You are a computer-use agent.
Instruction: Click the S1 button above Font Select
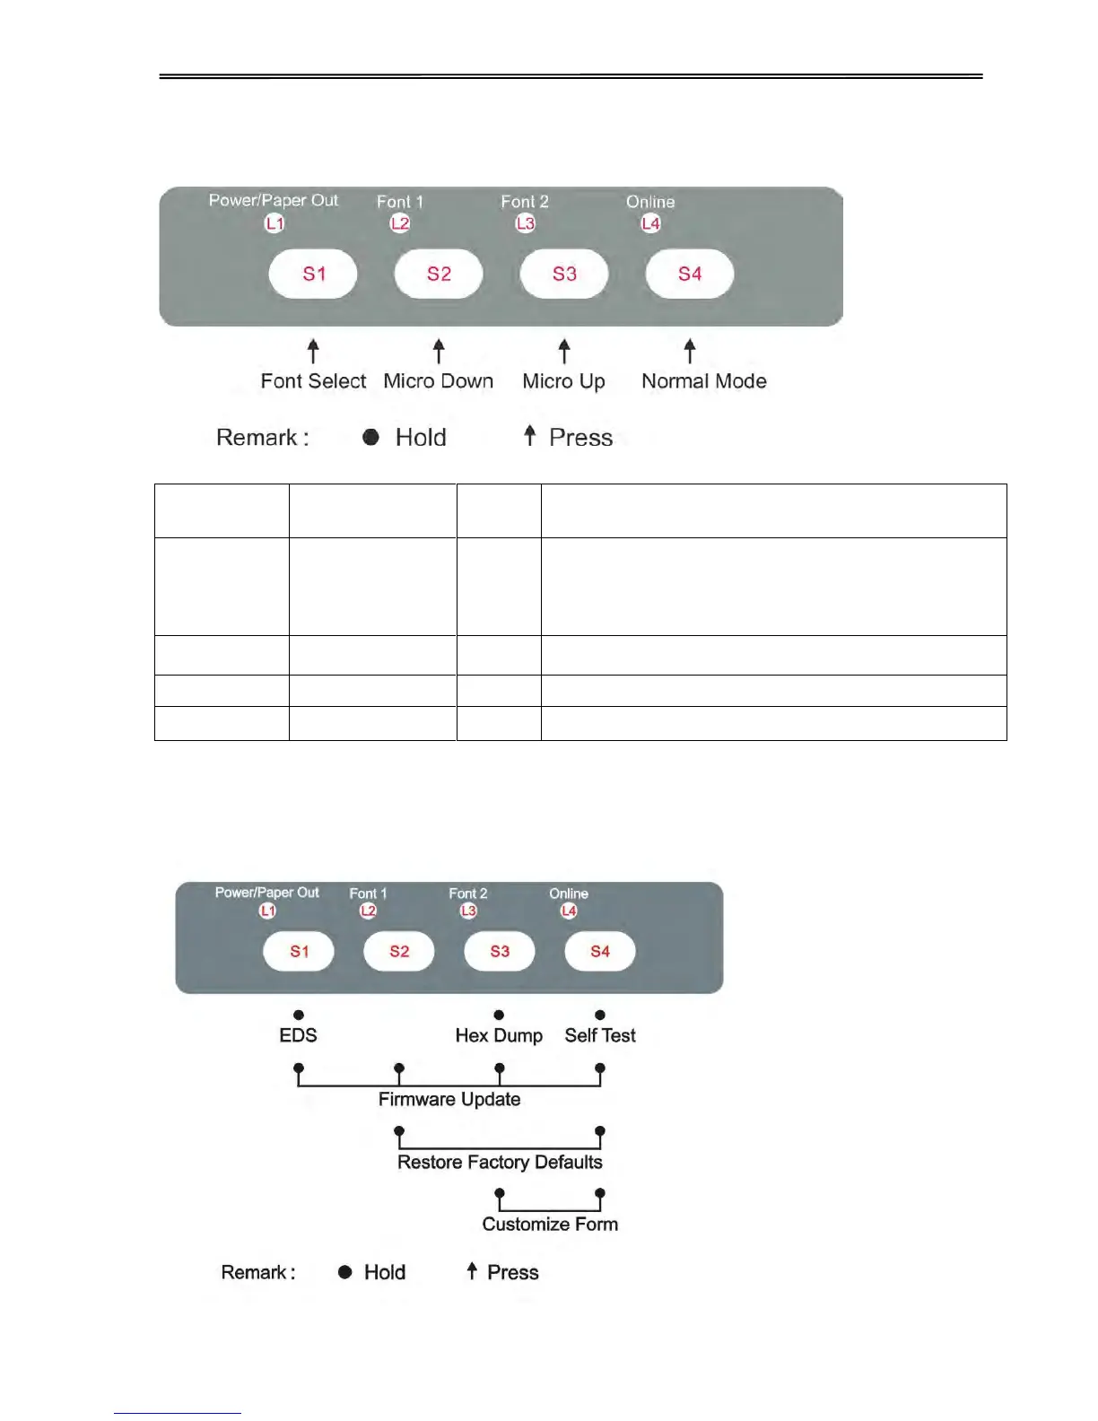(313, 274)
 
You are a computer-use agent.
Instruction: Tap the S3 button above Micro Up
(564, 274)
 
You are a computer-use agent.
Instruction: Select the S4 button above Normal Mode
(690, 274)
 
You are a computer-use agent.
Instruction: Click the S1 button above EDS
(299, 951)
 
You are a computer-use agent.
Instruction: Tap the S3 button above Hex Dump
(500, 951)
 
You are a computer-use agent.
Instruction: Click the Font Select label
(313, 381)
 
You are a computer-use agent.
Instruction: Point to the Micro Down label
(439, 381)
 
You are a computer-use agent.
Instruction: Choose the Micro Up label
(564, 381)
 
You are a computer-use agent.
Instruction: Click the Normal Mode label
(704, 381)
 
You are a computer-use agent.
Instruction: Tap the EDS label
(299, 1035)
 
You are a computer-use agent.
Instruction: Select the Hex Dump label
(499, 1035)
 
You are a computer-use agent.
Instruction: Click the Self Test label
(600, 1035)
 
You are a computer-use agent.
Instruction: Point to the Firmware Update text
(449, 1099)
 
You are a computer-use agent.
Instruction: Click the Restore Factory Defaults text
(500, 1162)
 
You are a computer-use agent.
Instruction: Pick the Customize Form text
(550, 1224)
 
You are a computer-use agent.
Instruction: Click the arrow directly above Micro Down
(439, 351)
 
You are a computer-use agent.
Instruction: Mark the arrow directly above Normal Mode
(690, 351)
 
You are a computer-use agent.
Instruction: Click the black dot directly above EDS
(299, 1015)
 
